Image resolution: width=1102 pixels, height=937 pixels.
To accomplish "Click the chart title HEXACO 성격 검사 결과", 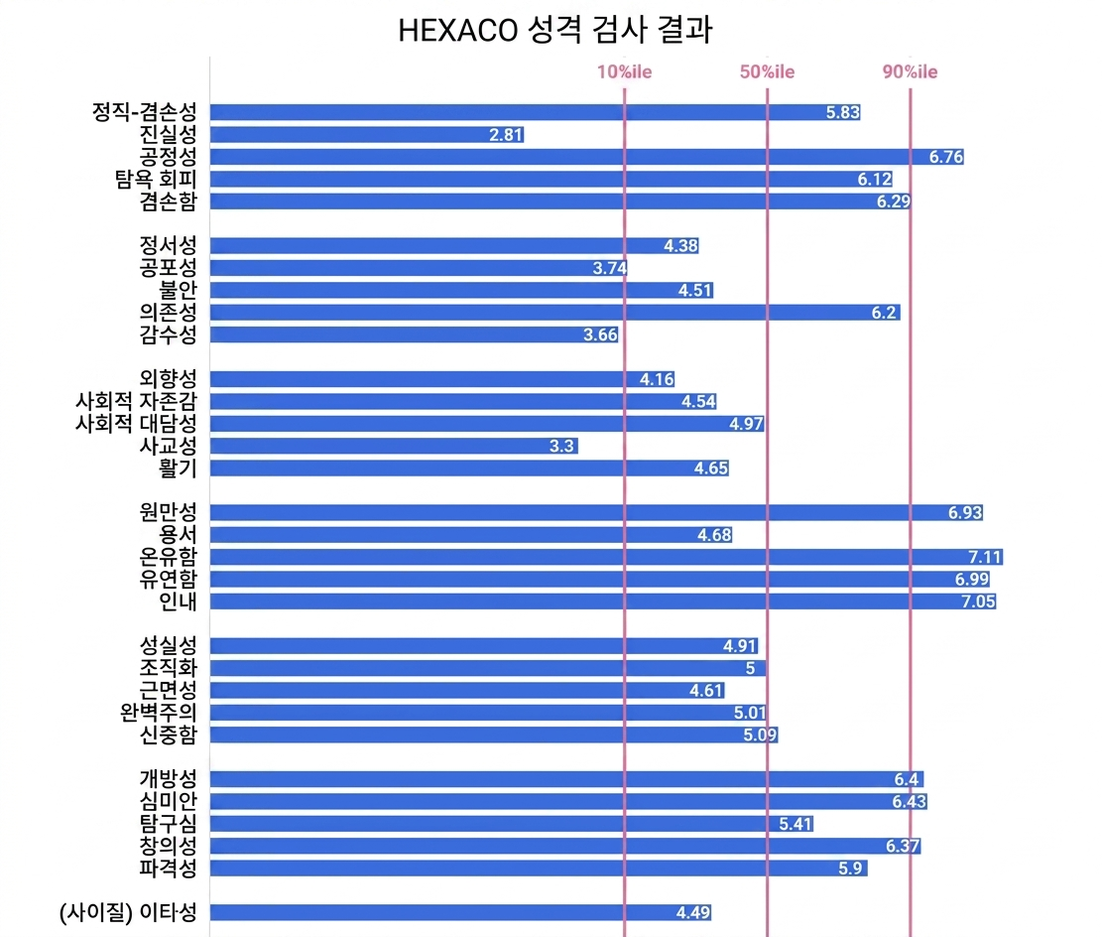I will pos(554,31).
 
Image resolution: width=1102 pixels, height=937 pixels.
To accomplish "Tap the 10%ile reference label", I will pos(624,71).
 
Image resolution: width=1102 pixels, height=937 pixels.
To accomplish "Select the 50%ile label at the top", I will pos(767,71).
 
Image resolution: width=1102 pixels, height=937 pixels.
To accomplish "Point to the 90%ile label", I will pos(910,71).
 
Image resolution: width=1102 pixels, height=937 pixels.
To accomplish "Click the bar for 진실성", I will pos(367,134).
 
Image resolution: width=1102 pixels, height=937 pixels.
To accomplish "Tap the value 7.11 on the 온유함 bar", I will pos(984,556).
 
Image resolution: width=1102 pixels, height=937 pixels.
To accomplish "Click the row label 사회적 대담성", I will pos(136,424).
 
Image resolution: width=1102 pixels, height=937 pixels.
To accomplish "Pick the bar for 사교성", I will pos(394,446).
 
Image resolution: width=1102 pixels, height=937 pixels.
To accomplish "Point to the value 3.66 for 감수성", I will pos(600,335).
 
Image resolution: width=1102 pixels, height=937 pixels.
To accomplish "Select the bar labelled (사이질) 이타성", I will pos(461,913).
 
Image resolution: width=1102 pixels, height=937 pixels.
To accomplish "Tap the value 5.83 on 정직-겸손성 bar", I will pos(842,112).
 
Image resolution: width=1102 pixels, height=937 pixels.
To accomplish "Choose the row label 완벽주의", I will pos(158,713).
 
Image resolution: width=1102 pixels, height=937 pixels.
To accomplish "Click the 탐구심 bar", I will pos(512,824).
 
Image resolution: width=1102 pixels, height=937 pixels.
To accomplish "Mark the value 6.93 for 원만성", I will pos(964,512).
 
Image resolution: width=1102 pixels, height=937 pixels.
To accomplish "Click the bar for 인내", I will pos(603,601).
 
